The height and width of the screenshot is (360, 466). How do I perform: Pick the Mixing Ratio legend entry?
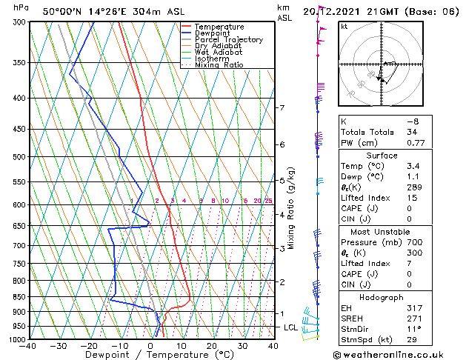coord(219,65)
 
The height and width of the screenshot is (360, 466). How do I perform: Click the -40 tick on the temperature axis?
coord(28,346)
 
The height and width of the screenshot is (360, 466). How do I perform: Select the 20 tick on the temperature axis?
coord(212,346)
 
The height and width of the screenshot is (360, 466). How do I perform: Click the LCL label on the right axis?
coord(291,327)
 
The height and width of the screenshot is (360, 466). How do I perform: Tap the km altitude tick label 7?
coord(282,108)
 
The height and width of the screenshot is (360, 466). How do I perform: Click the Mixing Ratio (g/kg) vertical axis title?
coord(292,207)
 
